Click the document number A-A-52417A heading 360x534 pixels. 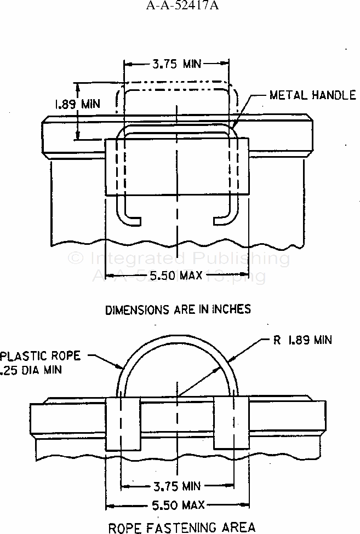[x=180, y=7]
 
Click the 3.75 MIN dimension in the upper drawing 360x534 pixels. [x=176, y=64]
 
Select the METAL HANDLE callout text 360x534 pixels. [x=312, y=95]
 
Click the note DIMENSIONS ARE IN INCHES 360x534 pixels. [x=178, y=309]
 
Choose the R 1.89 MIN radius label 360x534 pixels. [x=302, y=340]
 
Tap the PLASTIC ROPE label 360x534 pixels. [x=41, y=356]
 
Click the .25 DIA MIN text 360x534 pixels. [x=31, y=370]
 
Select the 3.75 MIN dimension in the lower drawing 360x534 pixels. [x=176, y=486]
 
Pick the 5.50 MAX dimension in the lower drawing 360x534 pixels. [x=179, y=504]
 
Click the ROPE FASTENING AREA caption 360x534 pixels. [x=181, y=527]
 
